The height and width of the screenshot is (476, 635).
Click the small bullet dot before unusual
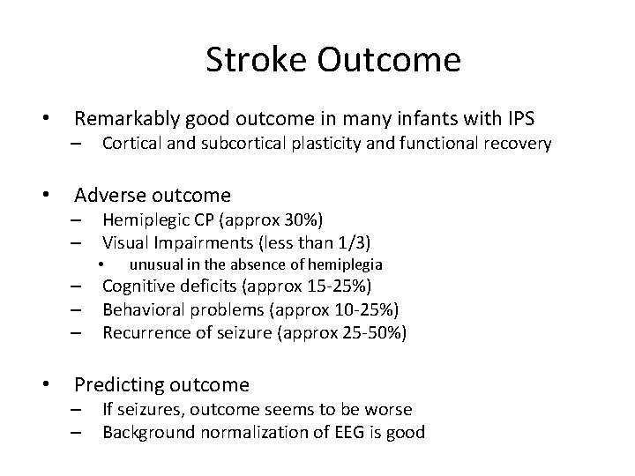click(x=102, y=264)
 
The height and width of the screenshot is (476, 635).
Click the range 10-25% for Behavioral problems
click(x=367, y=309)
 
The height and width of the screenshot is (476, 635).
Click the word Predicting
click(x=116, y=384)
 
